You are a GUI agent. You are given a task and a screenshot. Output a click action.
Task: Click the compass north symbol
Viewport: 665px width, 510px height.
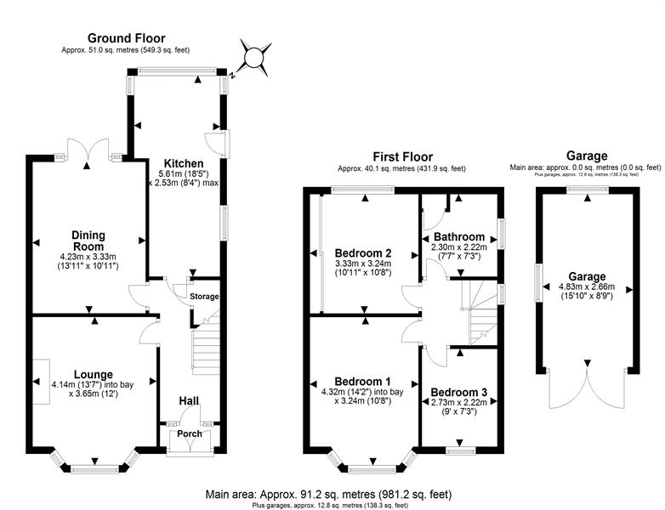(x=256, y=59)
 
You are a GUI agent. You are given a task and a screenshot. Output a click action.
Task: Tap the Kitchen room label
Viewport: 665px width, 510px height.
(x=184, y=163)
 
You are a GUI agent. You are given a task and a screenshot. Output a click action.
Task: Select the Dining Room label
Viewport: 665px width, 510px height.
(x=88, y=240)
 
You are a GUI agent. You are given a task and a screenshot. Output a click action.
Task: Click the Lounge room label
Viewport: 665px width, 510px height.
(x=94, y=373)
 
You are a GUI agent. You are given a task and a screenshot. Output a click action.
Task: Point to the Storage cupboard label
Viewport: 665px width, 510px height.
(x=204, y=297)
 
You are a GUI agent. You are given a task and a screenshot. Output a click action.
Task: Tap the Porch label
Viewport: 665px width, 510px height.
(x=190, y=434)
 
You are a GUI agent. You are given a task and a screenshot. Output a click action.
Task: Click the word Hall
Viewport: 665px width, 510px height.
(x=189, y=400)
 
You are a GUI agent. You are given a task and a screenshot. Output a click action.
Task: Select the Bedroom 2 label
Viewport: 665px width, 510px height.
(x=363, y=252)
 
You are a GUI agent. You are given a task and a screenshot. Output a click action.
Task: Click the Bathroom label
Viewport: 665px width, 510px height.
(x=459, y=236)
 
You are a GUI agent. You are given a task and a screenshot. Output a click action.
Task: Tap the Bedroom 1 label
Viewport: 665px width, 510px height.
(x=363, y=380)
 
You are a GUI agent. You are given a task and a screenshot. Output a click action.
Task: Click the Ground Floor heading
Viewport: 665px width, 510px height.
(x=127, y=38)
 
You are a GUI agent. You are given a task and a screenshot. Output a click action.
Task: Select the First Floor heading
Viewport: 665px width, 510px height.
(x=403, y=156)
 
